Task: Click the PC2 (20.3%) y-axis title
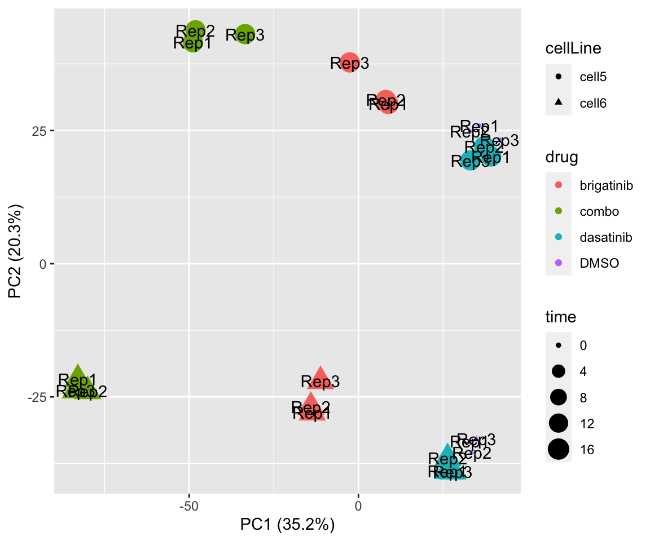16,264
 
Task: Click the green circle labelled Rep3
244,34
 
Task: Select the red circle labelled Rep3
350,62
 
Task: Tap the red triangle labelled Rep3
320,379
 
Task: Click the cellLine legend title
573,49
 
